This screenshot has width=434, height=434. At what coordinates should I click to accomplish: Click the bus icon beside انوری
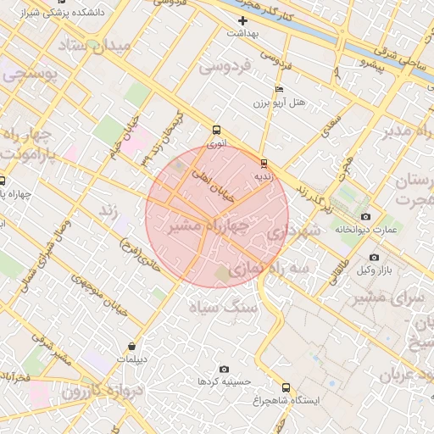pyautogui.click(x=216, y=131)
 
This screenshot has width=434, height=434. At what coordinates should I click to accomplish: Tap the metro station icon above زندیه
pyautogui.click(x=264, y=163)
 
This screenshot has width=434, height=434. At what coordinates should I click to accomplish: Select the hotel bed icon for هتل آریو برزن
pyautogui.click(x=280, y=90)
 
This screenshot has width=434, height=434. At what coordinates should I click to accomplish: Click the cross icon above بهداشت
pyautogui.click(x=243, y=20)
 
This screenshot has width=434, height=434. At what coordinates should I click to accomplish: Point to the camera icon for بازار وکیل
pyautogui.click(x=374, y=257)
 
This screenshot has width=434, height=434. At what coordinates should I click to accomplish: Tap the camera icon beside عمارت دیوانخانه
pyautogui.click(x=366, y=216)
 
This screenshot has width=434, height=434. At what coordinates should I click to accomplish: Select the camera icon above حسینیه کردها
pyautogui.click(x=224, y=369)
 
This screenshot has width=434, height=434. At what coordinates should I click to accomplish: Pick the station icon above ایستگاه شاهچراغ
pyautogui.click(x=285, y=387)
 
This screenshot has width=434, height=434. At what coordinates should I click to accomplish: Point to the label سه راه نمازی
pyautogui.click(x=264, y=267)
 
